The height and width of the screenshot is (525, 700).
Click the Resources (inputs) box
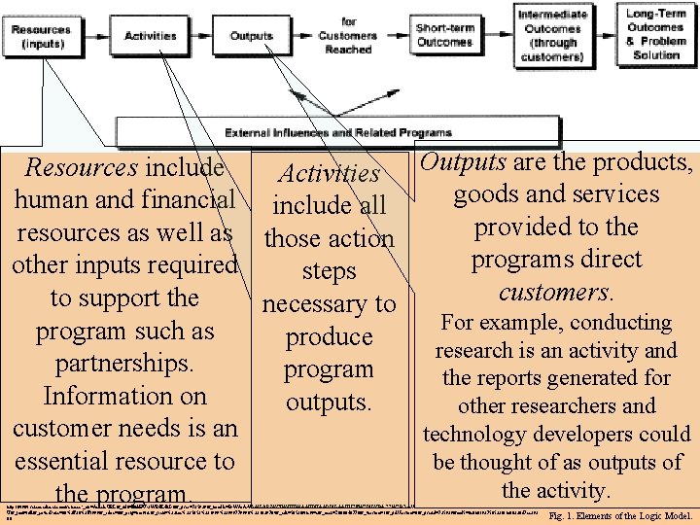[x=41, y=36]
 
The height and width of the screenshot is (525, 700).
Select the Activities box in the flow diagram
[x=151, y=36]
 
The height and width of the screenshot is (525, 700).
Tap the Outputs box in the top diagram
[x=251, y=36]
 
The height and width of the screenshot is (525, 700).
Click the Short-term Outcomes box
[x=444, y=35]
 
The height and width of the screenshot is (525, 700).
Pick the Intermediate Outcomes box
[x=551, y=36]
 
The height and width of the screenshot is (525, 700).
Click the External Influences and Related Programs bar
[x=338, y=132]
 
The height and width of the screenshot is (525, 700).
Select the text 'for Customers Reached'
[x=349, y=35]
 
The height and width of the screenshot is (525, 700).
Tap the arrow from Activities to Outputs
[x=202, y=36]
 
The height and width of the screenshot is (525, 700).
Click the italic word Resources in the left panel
[x=82, y=167]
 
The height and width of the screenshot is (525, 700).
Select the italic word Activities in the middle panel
[x=329, y=173]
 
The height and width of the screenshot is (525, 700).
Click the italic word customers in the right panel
[x=553, y=292]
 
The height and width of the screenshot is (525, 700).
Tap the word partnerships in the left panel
[x=123, y=364]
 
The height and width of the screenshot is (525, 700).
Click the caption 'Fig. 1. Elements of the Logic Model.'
[x=620, y=516]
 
